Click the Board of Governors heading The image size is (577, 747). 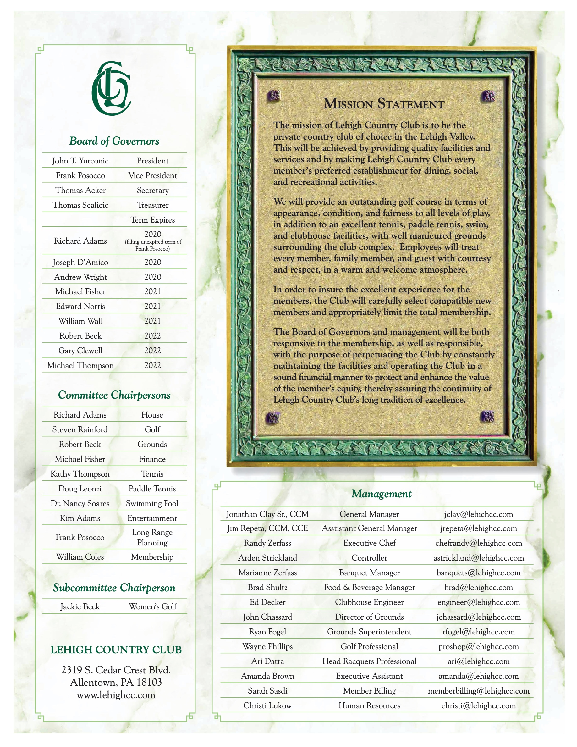click(x=114, y=141)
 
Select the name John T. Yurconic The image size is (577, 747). click(x=80, y=161)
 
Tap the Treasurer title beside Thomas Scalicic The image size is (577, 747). click(x=152, y=205)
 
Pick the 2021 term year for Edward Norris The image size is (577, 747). click(x=152, y=306)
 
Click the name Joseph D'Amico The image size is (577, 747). click(x=80, y=262)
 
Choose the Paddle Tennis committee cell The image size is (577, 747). click(x=152, y=489)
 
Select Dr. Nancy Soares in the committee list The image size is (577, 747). click(x=80, y=503)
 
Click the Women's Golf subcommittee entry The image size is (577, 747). click(x=152, y=606)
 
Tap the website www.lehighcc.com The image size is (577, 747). click(x=116, y=695)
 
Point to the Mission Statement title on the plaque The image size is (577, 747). click(x=384, y=104)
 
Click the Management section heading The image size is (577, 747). click(x=382, y=494)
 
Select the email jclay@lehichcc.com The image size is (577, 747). click(x=479, y=514)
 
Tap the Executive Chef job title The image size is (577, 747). click(x=370, y=543)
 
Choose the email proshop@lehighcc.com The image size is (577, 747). click(x=479, y=646)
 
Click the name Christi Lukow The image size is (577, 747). click(x=267, y=705)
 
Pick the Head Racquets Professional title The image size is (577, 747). click(x=370, y=661)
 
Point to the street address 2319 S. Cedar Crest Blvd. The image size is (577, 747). click(x=116, y=669)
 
